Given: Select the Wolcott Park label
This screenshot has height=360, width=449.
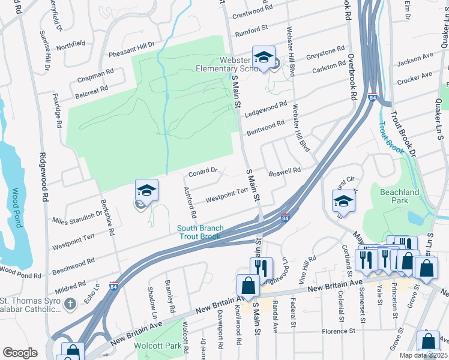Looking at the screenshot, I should pos(165,346).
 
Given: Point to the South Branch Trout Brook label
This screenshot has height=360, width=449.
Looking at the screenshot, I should pos(200,232).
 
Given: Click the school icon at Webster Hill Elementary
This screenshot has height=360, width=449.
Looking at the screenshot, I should pos(264,57).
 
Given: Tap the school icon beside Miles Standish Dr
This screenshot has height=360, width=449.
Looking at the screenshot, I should pos(146,190).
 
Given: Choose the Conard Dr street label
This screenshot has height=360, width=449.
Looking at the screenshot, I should pos(202,172).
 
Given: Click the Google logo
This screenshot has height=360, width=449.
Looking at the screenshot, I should pos(20,353).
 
